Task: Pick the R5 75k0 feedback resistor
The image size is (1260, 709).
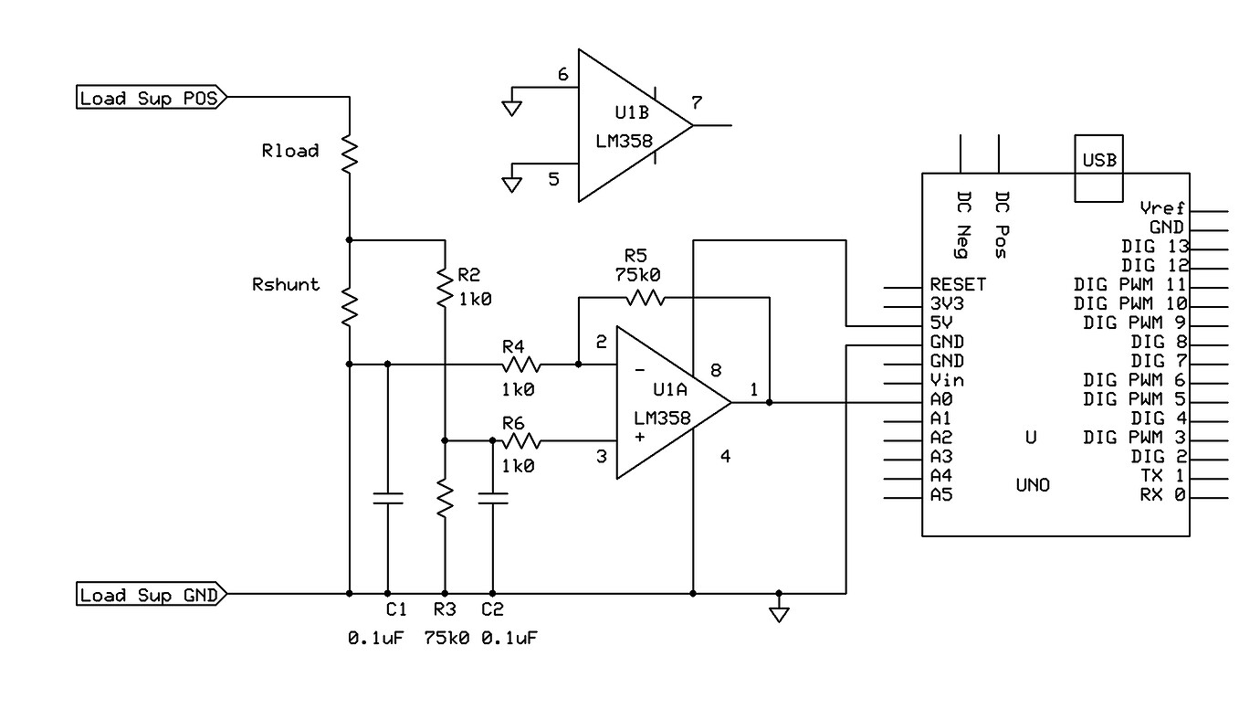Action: [643, 297]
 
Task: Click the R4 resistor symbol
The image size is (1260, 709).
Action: [520, 365]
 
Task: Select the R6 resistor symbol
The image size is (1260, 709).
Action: [520, 441]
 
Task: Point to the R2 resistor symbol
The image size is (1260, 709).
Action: [444, 287]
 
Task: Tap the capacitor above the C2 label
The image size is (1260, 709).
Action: [493, 499]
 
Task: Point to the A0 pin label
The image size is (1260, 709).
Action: [941, 399]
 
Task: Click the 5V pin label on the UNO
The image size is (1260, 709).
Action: [941, 323]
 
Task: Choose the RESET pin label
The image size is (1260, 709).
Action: [958, 284]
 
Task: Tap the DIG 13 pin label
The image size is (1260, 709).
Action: [1152, 246]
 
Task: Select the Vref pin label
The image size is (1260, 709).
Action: [1161, 207]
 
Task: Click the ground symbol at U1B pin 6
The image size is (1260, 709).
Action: [512, 107]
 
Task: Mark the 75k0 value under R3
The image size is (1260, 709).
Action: [446, 637]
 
